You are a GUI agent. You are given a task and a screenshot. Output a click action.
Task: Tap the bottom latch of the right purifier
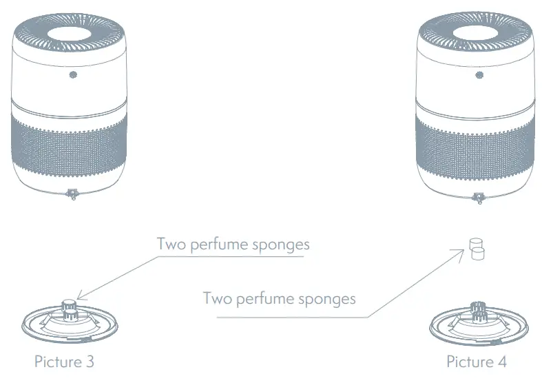(477, 198)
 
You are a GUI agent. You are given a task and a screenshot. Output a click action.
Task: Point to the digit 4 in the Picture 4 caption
(508, 362)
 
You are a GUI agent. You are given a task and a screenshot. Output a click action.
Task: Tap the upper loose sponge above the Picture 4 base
(474, 243)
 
